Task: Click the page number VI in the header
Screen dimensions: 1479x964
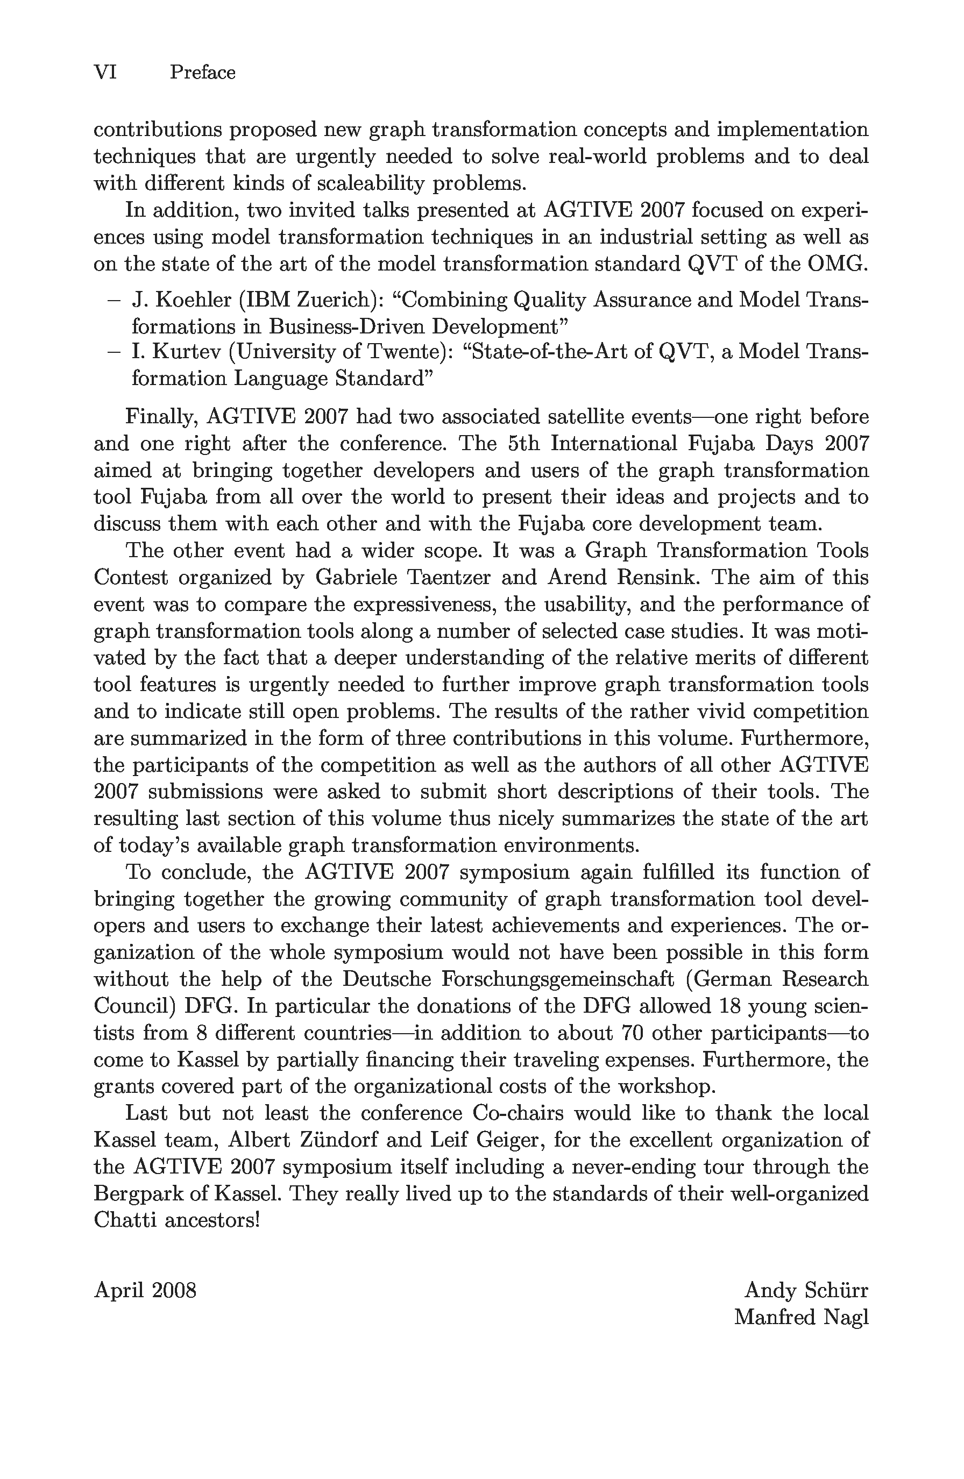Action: point(105,73)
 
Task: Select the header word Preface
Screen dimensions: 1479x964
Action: point(203,73)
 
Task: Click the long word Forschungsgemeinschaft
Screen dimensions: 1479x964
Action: point(557,980)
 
